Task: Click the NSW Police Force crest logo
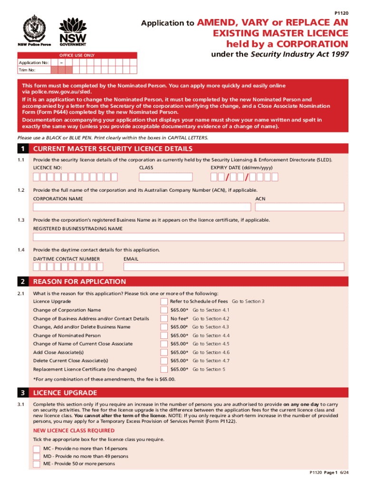click(34, 29)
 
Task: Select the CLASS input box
click(165, 177)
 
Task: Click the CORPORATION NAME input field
click(142, 207)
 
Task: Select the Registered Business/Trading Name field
click(188, 237)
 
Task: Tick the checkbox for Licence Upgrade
click(164, 302)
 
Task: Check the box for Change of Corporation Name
click(164, 310)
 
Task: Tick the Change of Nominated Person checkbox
click(164, 336)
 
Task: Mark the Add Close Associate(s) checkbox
click(164, 353)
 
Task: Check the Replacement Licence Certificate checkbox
click(164, 369)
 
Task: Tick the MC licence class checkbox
click(37, 449)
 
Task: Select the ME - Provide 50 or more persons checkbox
click(37, 464)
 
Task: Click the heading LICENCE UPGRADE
click(65, 393)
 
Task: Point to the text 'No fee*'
click(179, 318)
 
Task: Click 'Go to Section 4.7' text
click(211, 361)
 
